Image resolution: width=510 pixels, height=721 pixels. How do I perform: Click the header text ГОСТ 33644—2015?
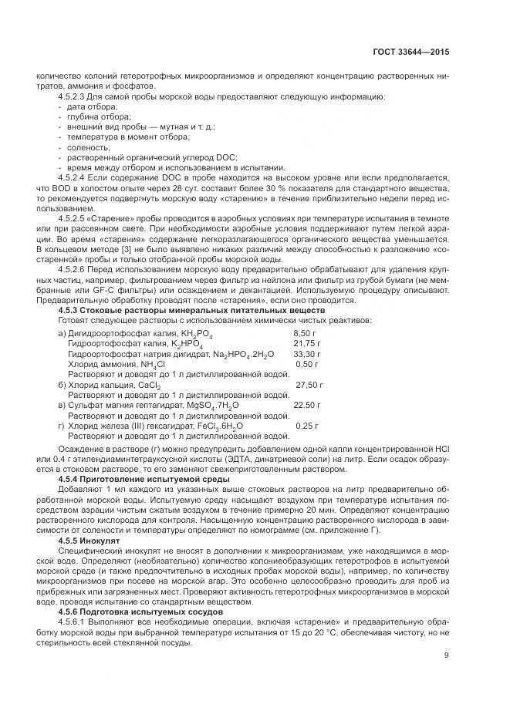[410, 52]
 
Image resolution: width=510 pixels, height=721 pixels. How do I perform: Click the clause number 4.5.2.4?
[73, 177]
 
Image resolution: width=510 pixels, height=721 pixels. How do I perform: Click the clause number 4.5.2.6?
[73, 269]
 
